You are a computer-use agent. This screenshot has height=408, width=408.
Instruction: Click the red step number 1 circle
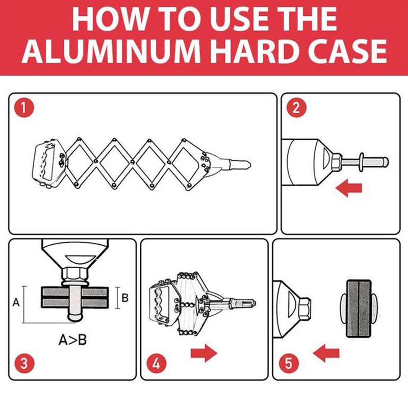(x=24, y=108)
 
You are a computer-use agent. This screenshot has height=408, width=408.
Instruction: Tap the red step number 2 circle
(x=296, y=108)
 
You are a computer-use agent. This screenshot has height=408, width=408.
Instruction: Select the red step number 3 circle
(x=24, y=363)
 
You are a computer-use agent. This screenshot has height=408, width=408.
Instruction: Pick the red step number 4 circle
(x=156, y=363)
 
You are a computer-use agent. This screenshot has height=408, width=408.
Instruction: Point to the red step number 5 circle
(x=288, y=363)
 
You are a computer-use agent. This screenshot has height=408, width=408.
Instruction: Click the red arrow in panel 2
(x=349, y=188)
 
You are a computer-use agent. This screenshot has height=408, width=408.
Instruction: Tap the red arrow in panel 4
(x=204, y=353)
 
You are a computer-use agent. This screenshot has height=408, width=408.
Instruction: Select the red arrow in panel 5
(x=326, y=353)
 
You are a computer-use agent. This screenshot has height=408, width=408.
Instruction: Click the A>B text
(x=72, y=340)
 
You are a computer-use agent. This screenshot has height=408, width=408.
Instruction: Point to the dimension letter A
(x=16, y=302)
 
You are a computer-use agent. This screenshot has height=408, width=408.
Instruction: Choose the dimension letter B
(x=125, y=298)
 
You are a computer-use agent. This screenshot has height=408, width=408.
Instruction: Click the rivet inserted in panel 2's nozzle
(x=364, y=162)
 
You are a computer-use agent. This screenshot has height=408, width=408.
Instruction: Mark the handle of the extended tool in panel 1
(x=50, y=163)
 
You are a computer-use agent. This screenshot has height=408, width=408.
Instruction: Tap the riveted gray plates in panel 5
(x=359, y=309)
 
